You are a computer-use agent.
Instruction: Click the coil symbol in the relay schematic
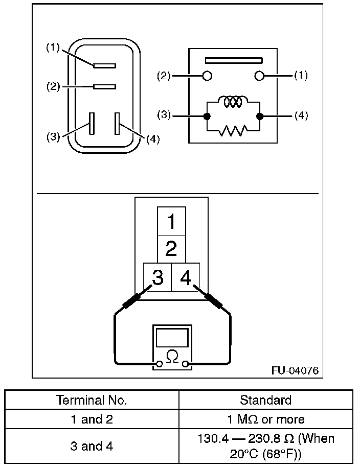[x=233, y=102]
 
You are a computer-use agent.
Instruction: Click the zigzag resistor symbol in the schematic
[x=233, y=131]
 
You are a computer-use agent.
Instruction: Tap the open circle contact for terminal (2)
[x=207, y=76]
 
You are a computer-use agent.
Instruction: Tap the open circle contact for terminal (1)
[x=259, y=76]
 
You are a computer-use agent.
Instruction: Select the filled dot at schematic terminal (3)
[x=207, y=116]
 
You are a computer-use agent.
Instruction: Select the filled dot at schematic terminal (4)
[x=260, y=116]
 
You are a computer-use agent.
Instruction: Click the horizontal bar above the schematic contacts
[x=234, y=60]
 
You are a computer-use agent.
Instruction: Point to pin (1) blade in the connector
[x=104, y=65]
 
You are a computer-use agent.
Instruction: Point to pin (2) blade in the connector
[x=104, y=86]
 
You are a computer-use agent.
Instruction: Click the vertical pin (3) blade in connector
[x=92, y=123]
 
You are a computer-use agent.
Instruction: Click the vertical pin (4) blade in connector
[x=118, y=123]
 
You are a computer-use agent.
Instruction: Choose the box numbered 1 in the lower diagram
[x=171, y=221]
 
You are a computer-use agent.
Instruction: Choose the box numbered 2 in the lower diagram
[x=171, y=249]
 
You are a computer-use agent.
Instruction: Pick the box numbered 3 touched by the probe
[x=157, y=277]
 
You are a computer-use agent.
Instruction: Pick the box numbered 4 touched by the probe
[x=185, y=277]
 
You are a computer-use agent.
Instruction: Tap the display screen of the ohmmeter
[x=172, y=338]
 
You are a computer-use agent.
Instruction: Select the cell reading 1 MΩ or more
[x=266, y=419]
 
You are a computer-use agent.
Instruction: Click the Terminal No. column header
[x=92, y=400]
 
